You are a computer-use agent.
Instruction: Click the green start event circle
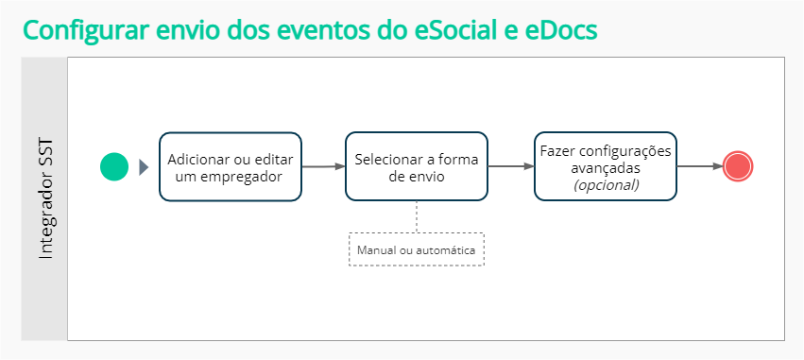[114, 167]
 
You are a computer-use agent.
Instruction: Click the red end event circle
[737, 166]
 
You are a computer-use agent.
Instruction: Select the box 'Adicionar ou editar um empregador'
[230, 166]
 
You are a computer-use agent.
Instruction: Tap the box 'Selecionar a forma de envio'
[417, 166]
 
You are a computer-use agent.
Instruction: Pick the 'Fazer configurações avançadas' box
[605, 166]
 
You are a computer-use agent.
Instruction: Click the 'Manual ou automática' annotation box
[417, 250]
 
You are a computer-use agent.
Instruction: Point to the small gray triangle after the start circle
[144, 167]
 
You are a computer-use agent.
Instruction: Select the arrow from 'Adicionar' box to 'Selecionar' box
[323, 167]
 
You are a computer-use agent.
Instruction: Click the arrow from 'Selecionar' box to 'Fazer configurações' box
[510, 166]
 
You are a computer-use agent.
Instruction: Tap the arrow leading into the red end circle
[698, 166]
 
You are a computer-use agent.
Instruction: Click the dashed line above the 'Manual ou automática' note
[417, 216]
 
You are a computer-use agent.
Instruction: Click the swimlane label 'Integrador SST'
[45, 197]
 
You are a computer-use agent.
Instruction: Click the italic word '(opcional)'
[606, 185]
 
